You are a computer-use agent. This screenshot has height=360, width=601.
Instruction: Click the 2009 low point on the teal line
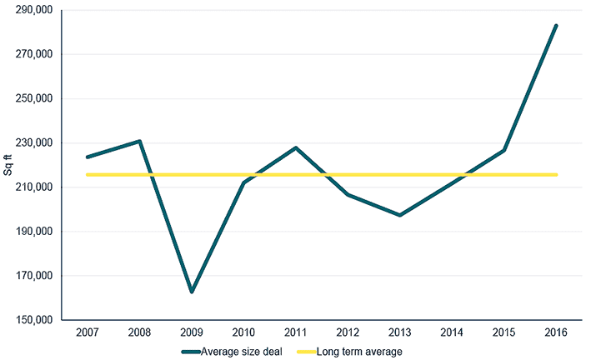(192, 292)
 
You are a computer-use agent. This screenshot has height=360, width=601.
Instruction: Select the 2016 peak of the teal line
(556, 26)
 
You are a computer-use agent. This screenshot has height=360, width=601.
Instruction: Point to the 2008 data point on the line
(140, 141)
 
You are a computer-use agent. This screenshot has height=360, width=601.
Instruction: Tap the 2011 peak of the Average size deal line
(296, 147)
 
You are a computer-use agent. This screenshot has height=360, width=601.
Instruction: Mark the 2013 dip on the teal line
(400, 215)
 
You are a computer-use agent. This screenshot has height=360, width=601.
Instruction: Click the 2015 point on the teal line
(504, 150)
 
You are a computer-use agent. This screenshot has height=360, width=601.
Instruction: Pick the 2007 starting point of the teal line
(88, 157)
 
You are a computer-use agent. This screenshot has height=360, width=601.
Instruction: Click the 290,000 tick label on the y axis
(33, 10)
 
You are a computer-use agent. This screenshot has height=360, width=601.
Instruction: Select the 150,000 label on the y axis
(33, 320)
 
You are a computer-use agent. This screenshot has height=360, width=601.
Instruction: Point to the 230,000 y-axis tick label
(33, 143)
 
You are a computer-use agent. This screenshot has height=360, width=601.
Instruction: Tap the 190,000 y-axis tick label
(33, 232)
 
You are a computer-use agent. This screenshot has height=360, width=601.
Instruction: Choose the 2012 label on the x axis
(348, 332)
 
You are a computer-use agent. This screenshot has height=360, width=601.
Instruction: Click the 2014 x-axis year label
(452, 332)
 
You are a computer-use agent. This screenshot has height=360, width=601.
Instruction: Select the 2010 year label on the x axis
(243, 332)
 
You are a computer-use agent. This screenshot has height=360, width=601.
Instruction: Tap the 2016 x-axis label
(556, 332)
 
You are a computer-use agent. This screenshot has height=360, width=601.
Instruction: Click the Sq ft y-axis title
(8, 165)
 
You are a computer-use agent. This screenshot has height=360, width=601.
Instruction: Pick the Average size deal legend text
(242, 352)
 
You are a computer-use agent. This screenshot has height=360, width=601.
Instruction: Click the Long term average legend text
(359, 352)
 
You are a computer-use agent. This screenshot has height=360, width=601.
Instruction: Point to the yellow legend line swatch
(307, 352)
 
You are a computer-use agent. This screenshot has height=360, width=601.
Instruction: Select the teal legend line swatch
(191, 352)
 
